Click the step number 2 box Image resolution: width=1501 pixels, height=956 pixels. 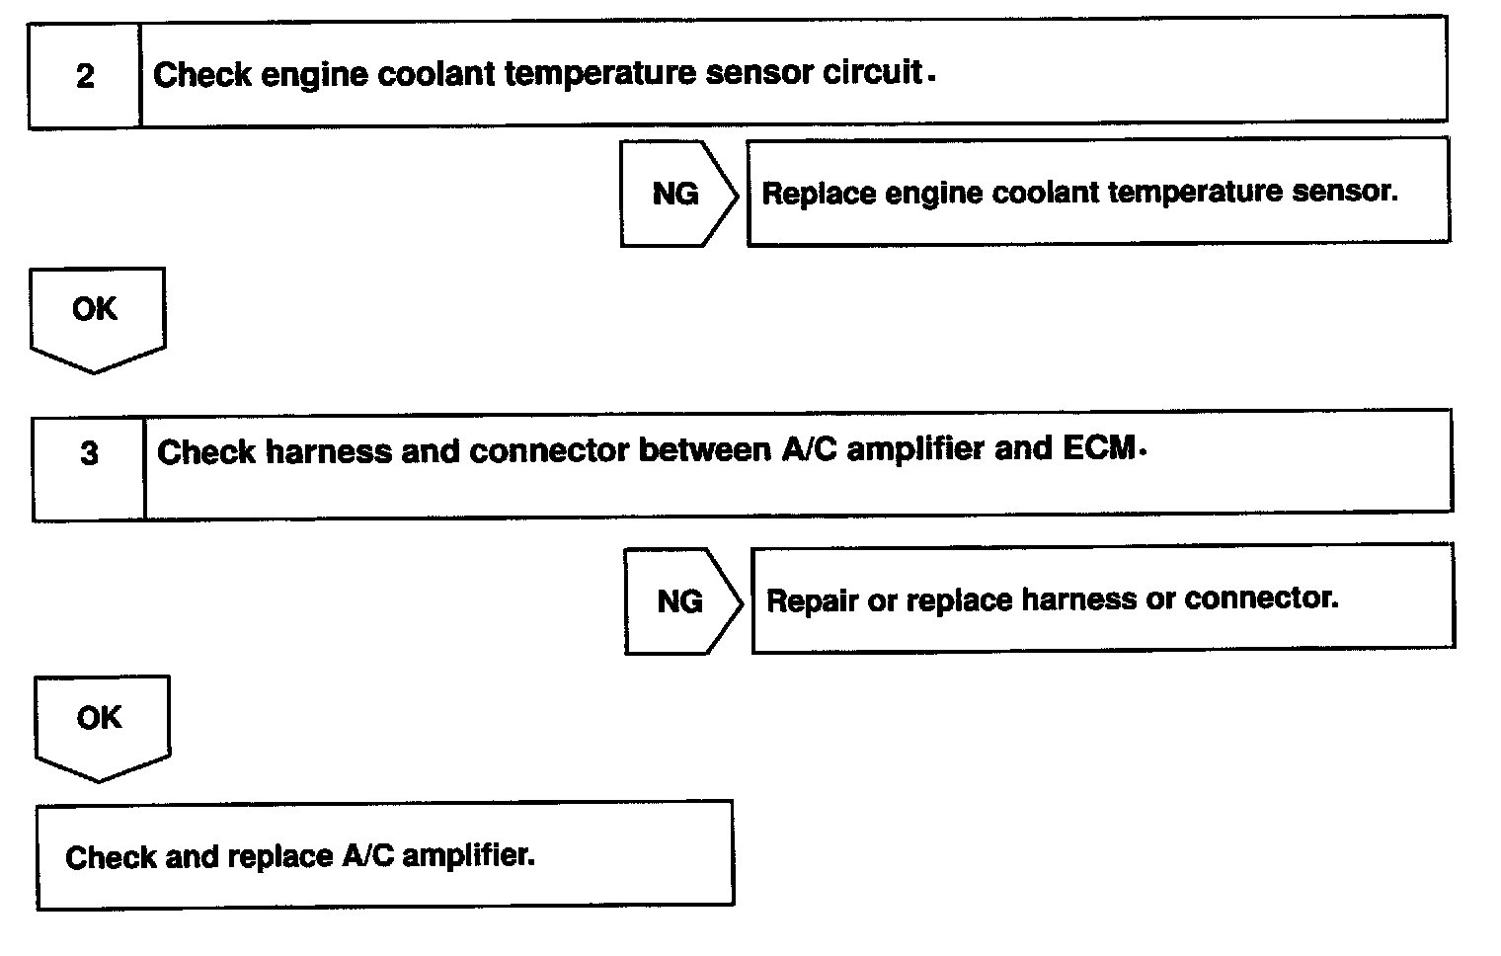(x=85, y=76)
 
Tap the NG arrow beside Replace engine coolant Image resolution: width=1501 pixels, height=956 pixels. (x=677, y=194)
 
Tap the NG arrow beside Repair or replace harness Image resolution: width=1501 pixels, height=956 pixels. (x=681, y=600)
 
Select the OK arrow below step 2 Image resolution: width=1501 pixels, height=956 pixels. (x=96, y=314)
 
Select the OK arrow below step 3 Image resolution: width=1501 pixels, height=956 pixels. (x=100, y=722)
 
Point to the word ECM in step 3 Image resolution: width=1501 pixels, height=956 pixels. (x=1099, y=448)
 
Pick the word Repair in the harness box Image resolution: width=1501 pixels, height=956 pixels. (x=811, y=600)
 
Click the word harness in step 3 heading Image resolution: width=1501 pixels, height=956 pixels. (x=329, y=452)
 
